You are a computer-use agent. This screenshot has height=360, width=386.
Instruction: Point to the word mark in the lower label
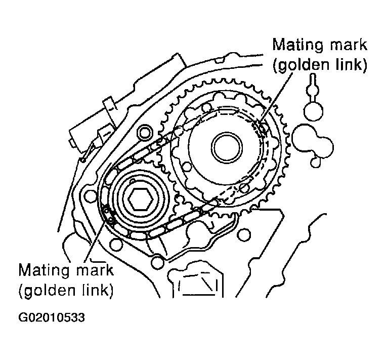point(95,269)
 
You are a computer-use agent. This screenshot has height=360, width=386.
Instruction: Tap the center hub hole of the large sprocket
point(226,147)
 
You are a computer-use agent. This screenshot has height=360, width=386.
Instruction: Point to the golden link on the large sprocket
point(261,128)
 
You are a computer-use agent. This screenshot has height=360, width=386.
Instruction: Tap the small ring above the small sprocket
point(146,133)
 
